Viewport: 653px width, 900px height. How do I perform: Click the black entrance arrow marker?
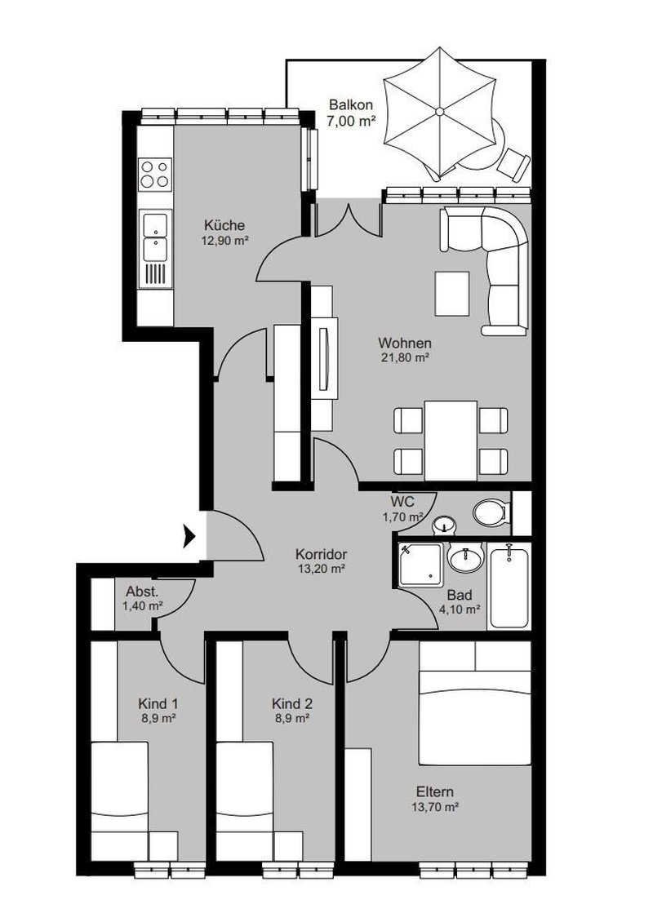[x=189, y=535]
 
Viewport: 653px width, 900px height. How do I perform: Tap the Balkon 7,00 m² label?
[x=352, y=113]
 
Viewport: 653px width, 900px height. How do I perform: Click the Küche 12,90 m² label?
[x=224, y=233]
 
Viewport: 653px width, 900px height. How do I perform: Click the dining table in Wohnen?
[x=451, y=440]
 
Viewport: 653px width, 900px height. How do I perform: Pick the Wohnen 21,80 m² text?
[x=404, y=350]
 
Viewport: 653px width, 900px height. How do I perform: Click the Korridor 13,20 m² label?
[x=321, y=561]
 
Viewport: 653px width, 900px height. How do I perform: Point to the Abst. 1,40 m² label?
[x=142, y=599]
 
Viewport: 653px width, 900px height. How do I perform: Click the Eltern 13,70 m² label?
[x=434, y=799]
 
